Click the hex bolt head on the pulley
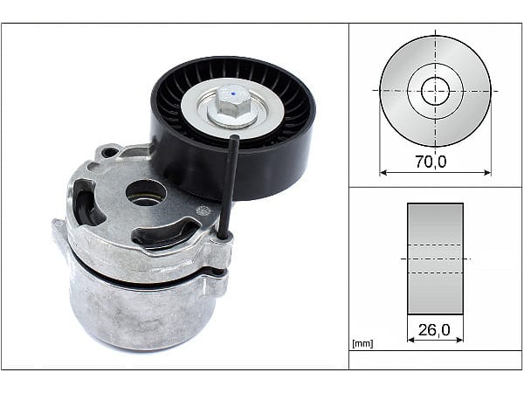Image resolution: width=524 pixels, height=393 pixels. coord(231,100)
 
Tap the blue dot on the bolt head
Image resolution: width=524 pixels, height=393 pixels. coord(234,93)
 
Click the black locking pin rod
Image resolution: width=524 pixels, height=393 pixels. coord(229,186)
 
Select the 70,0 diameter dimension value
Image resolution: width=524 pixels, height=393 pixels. coord(431,162)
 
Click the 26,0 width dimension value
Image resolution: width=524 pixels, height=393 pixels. coord(434,330)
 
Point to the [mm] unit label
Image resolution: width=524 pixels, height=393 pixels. coord(362,343)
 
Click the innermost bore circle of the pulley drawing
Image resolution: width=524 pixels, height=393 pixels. coord(435,91)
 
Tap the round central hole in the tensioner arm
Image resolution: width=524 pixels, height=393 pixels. coord(146,194)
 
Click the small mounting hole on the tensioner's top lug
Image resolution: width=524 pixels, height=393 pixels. coord(109,152)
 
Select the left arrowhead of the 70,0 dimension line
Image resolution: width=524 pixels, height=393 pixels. coord(383,173)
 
